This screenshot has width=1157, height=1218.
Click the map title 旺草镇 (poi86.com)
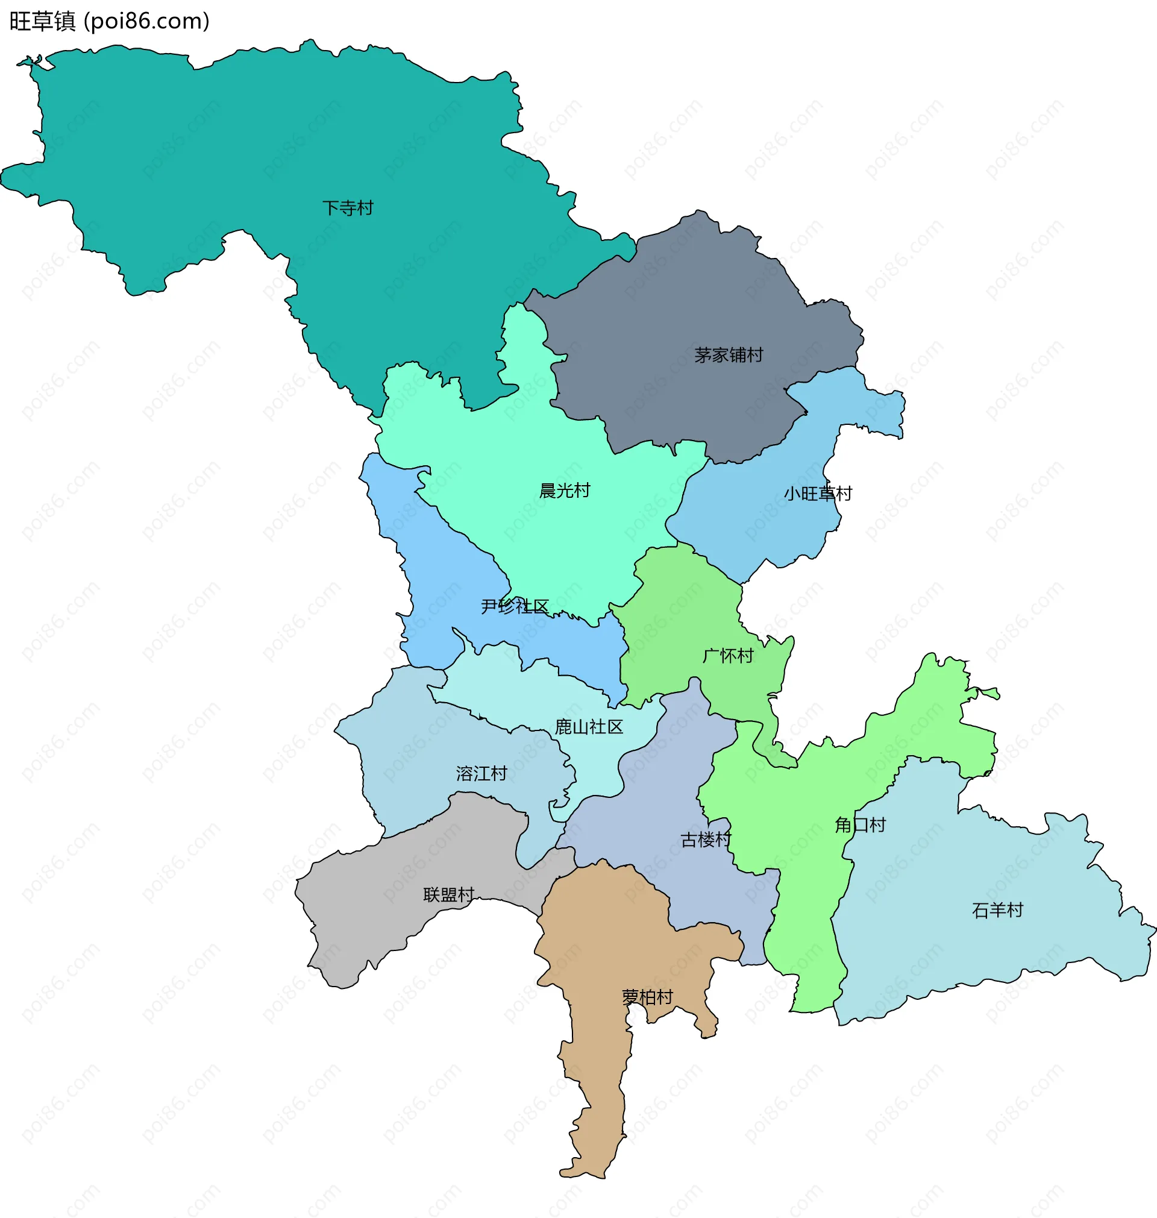click(x=110, y=22)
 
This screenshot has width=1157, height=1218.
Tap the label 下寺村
click(x=348, y=208)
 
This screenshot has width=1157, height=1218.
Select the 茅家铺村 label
click(x=729, y=354)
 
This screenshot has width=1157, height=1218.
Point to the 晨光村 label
click(x=564, y=491)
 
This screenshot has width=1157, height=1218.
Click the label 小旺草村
click(x=817, y=494)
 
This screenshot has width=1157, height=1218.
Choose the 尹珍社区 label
click(x=515, y=606)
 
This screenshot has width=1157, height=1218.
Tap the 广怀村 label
click(x=728, y=656)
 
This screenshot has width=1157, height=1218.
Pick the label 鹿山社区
click(x=588, y=726)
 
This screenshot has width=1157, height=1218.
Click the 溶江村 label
click(x=481, y=773)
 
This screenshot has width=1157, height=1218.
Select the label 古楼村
click(x=706, y=840)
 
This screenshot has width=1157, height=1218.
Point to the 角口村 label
click(x=860, y=824)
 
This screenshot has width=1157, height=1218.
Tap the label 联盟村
click(x=448, y=894)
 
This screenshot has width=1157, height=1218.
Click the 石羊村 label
click(x=997, y=909)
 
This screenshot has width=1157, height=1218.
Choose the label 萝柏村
click(x=647, y=997)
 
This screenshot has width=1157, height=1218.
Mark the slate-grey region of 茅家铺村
click(x=679, y=296)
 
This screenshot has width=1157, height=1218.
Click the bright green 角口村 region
click(x=808, y=912)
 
